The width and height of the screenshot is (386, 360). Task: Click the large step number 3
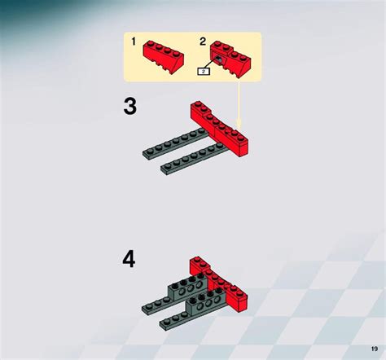(x=130, y=107)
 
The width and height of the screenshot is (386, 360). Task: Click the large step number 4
(x=129, y=259)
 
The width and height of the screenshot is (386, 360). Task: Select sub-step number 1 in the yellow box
(x=134, y=41)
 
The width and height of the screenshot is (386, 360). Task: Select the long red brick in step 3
(x=220, y=129)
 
